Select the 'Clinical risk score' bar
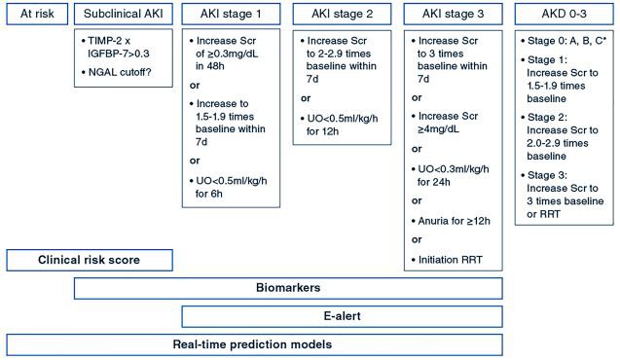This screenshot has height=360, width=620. tap(88, 261)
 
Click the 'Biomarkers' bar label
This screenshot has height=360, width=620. tap(289, 289)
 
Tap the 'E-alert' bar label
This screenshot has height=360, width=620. tap(342, 316)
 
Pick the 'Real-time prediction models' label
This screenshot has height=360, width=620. tap(255, 344)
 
